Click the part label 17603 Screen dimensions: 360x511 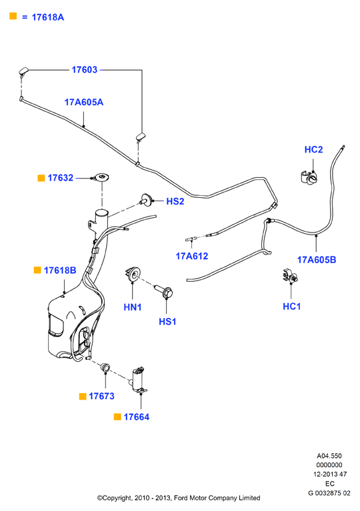tap(85, 70)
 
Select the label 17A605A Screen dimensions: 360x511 tap(84, 103)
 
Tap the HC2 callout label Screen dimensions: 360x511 tap(313, 150)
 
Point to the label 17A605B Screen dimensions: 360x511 tap(316, 260)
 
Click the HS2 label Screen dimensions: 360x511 tap(175, 201)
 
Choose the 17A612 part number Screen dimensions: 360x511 tap(192, 256)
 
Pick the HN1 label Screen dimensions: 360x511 tap(133, 307)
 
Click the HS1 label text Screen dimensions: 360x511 tap(167, 322)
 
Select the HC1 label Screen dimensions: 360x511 tap(291, 306)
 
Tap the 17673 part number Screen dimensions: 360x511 tap(101, 396)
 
